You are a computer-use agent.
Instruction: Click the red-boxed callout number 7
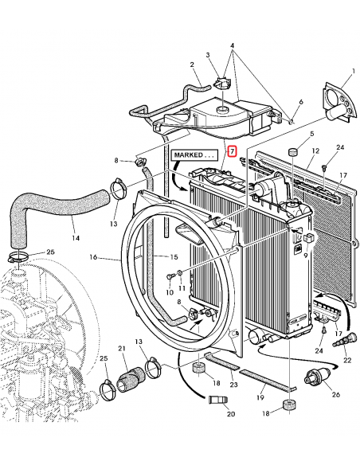point(233,151)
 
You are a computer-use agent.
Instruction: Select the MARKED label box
point(194,155)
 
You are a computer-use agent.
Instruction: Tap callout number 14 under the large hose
point(76,238)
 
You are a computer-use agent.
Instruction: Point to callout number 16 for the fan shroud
point(93,257)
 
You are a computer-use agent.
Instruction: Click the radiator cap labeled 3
point(221,84)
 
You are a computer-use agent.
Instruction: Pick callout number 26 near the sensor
point(335,395)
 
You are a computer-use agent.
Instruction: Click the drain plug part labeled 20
point(217,400)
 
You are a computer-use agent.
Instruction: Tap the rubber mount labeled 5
point(293,152)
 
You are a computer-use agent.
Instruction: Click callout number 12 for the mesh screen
point(315,151)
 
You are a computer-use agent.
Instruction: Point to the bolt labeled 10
point(170,277)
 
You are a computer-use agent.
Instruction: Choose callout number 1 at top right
point(353,71)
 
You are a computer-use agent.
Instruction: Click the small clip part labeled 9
point(308,238)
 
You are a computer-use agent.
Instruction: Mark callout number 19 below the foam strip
point(260,397)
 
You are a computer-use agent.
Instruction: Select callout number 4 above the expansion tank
point(233,45)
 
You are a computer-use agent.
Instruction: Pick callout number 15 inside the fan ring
point(174,257)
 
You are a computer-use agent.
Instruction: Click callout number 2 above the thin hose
point(192,64)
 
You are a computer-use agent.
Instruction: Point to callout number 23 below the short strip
point(233,385)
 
